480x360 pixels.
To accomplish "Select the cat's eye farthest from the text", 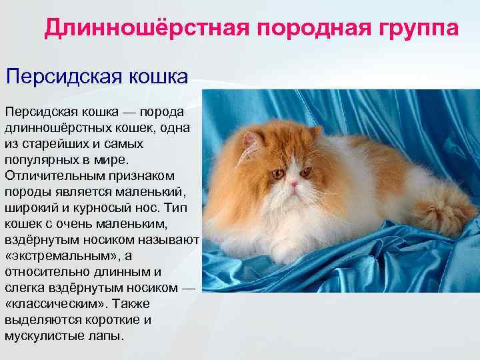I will [x=306, y=172].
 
